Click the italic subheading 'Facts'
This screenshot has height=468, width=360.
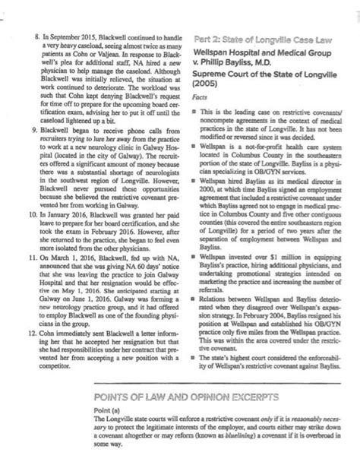click(x=201, y=99)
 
